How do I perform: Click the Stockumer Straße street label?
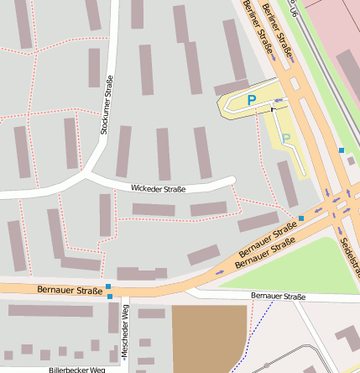point(107,105)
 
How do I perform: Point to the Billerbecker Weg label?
point(76,369)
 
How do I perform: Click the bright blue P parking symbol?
point(251,100)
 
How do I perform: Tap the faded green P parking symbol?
point(285,138)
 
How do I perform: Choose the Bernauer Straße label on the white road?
point(278,297)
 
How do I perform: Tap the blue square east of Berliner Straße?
point(341,150)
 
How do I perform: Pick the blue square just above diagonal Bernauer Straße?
point(301,218)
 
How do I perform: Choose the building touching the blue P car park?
point(232,87)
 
